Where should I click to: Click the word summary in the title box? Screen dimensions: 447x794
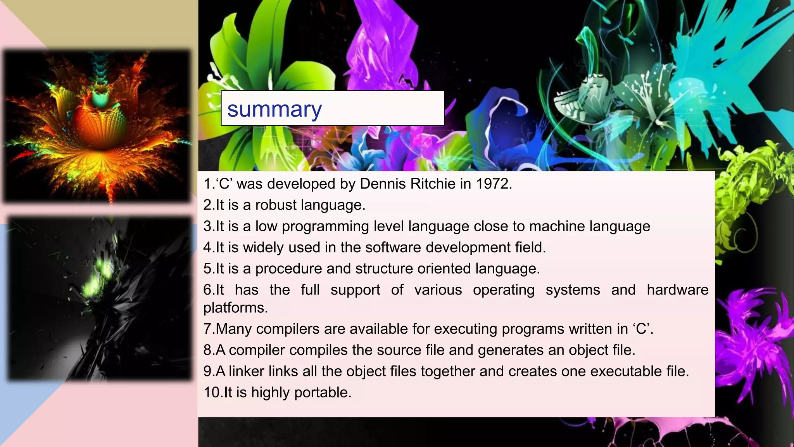[274, 109]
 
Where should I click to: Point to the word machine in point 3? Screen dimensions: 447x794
[557, 226]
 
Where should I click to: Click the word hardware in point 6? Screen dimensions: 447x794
[677, 290]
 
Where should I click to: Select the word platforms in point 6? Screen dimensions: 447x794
[235, 308]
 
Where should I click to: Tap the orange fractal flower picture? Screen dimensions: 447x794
[97, 126]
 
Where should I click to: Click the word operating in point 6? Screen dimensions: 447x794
[504, 290]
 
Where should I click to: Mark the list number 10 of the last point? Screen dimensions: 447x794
[212, 393]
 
